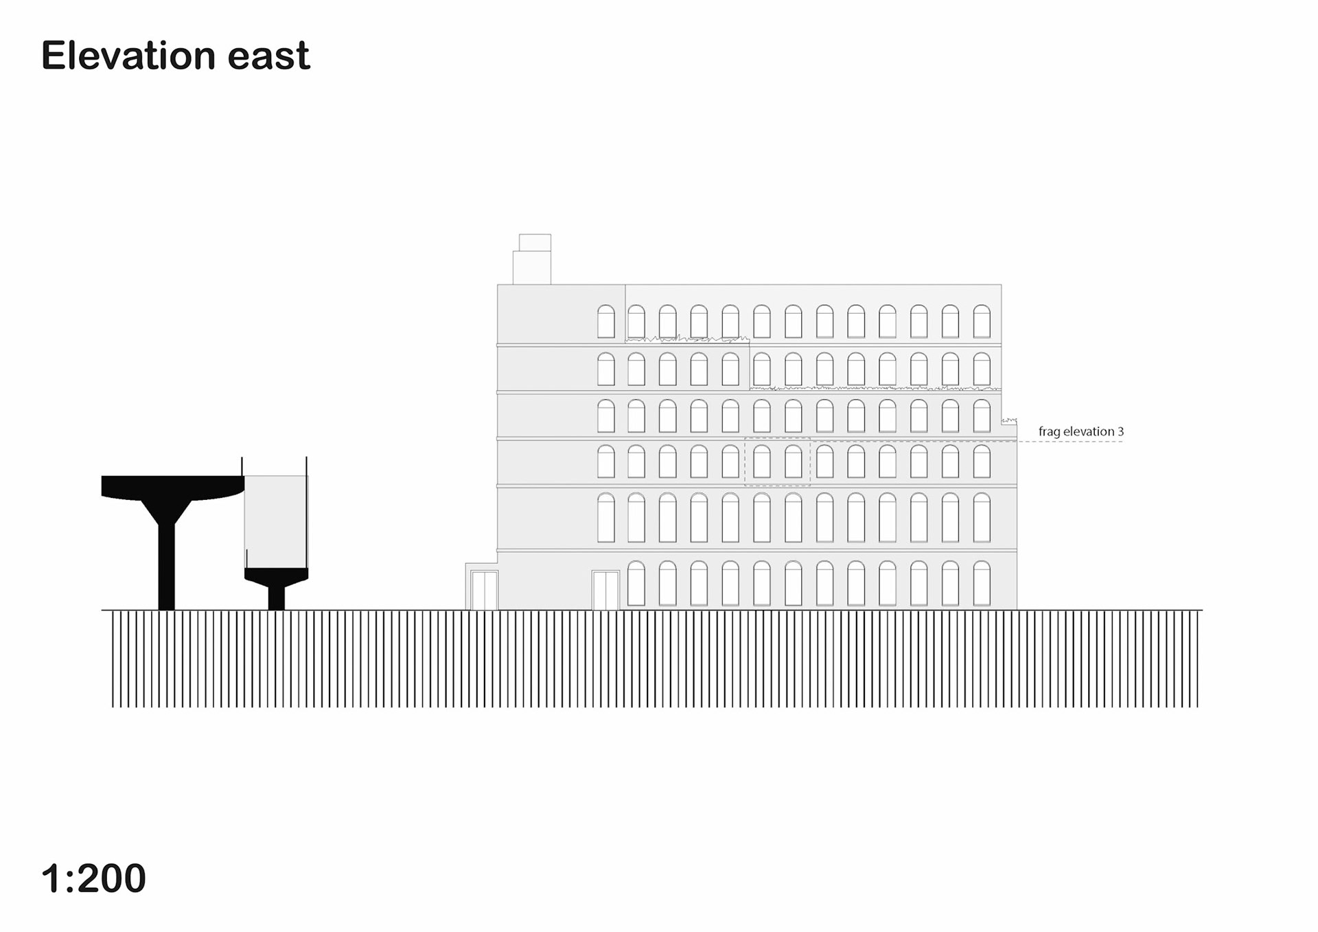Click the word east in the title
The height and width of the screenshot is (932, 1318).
tap(268, 56)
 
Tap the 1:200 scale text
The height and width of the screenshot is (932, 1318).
tap(93, 878)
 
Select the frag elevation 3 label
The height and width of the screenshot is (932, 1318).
tap(1080, 431)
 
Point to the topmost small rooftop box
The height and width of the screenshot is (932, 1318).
tap(535, 242)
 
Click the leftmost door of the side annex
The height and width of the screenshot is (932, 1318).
tap(484, 590)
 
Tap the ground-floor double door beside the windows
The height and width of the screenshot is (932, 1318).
tap(605, 590)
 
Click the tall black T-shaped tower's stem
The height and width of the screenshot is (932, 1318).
tap(167, 563)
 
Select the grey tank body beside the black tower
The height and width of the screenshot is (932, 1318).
tap(276, 521)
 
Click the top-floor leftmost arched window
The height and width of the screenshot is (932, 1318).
tap(605, 321)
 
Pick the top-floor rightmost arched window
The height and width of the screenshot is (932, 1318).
tap(982, 321)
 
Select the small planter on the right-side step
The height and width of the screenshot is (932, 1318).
tap(1008, 421)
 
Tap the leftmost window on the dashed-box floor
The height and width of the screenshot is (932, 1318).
tap(605, 462)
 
